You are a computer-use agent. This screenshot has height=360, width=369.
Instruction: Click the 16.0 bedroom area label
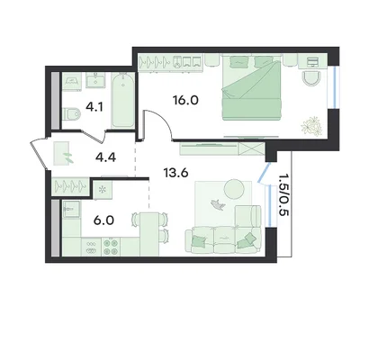click(185, 100)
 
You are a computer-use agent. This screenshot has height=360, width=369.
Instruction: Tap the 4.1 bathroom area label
click(94, 107)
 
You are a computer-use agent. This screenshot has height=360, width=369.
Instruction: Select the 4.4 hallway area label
click(105, 157)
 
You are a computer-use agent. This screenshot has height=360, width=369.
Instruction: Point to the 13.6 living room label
click(175, 173)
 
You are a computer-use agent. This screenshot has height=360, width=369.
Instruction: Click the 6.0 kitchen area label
click(103, 220)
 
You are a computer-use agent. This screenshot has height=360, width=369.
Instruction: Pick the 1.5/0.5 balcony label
click(283, 194)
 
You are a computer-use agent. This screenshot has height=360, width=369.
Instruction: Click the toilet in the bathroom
click(72, 114)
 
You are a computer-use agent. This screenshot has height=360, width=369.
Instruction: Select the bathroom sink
click(96, 80)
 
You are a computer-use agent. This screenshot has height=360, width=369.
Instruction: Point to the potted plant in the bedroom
click(312, 125)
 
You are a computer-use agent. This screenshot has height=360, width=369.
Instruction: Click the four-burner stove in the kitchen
click(111, 247)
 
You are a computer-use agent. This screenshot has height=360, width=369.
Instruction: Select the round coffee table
click(237, 189)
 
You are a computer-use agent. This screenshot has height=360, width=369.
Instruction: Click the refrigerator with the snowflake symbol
click(102, 190)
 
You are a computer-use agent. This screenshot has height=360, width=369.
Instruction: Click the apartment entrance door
click(40, 155)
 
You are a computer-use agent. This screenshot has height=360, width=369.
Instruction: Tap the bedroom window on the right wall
click(335, 87)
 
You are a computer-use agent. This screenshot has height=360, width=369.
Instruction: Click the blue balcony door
click(264, 173)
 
